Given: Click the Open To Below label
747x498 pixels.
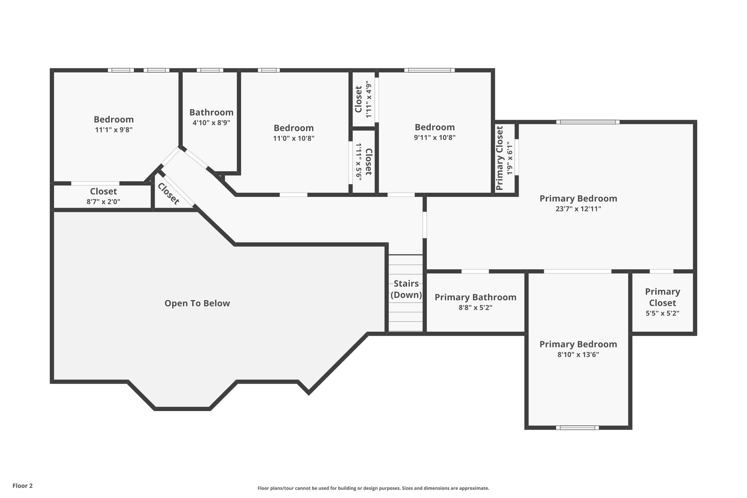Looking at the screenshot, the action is [197, 303].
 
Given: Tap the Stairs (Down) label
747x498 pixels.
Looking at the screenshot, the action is [406, 289].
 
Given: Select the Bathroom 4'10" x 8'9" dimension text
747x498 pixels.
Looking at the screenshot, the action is [211, 123].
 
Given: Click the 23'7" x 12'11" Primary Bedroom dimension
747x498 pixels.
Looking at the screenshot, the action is [578, 209].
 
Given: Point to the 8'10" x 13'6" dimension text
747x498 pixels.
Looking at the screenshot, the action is [578, 354].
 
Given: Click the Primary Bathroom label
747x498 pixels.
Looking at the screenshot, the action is [475, 297].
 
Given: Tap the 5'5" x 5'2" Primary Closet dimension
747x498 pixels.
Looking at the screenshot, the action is [662, 313].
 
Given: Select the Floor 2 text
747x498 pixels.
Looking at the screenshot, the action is [23, 486].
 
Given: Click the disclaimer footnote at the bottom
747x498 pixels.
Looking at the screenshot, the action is [373, 488].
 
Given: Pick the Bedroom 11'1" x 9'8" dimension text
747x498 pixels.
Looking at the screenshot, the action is [113, 130].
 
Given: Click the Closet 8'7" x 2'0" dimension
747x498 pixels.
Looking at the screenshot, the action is [103, 201].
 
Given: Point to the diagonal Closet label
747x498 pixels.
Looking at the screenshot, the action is [168, 194].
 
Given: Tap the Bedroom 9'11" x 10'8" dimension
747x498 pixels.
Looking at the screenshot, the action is [434, 137].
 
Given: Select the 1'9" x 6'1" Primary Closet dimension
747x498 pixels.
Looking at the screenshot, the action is [510, 158].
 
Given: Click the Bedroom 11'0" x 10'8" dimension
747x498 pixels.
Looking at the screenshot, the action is [294, 138].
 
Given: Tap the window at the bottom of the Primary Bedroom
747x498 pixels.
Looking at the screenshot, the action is [577, 428].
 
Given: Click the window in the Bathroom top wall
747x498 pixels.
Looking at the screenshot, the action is [210, 70].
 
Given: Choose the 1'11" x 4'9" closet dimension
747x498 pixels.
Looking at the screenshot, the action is [369, 99].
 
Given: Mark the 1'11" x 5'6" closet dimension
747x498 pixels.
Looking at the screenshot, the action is [359, 161].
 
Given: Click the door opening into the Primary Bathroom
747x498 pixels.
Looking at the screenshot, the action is [475, 271].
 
